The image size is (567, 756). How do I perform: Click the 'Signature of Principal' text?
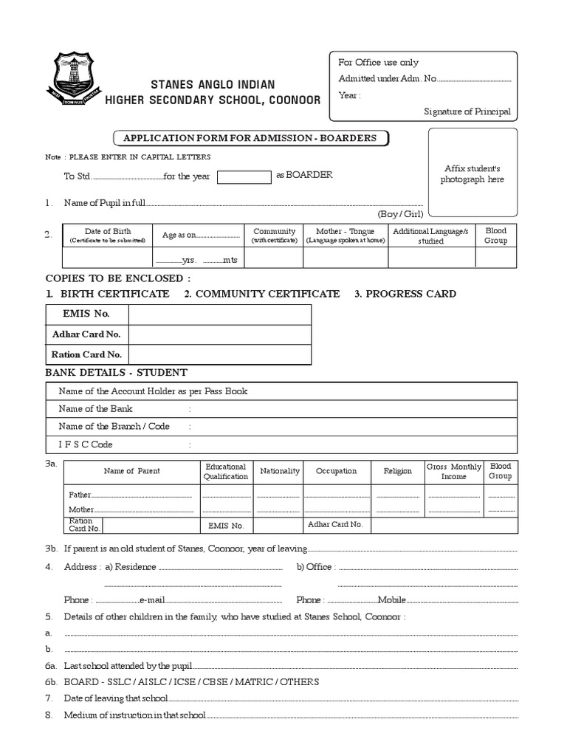(x=467, y=111)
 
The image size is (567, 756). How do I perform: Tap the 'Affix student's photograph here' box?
(x=472, y=174)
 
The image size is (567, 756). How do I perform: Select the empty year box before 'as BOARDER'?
(x=244, y=176)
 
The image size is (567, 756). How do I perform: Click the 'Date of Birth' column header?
(x=108, y=236)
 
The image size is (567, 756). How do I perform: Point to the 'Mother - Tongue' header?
(x=346, y=236)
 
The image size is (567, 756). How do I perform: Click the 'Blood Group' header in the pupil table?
(x=495, y=236)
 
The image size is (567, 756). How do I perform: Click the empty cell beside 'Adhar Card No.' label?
(x=219, y=334)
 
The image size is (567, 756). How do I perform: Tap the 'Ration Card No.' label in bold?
(x=86, y=354)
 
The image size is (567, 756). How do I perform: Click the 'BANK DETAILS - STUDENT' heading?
(x=116, y=373)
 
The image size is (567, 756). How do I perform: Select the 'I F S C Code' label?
(x=86, y=444)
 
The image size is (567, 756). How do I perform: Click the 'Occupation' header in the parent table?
(x=336, y=471)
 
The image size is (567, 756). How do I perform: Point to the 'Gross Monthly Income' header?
(x=454, y=472)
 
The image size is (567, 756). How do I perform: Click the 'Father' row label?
(x=80, y=495)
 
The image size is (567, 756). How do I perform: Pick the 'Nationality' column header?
(x=280, y=471)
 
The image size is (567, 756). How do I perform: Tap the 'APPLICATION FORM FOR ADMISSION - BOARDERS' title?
(x=250, y=138)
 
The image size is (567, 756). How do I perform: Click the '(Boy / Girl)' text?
(x=400, y=213)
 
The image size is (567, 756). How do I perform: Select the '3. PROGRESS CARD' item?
(x=405, y=294)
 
